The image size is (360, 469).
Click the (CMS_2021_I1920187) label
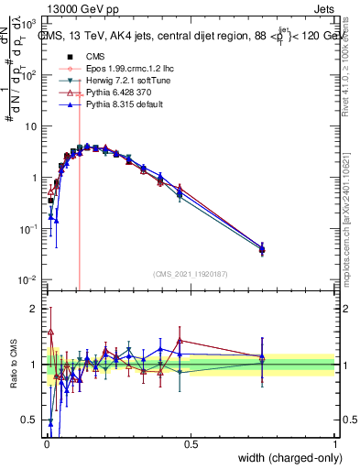pos(191,273)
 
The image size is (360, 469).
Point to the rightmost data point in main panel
pos(262,248)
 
